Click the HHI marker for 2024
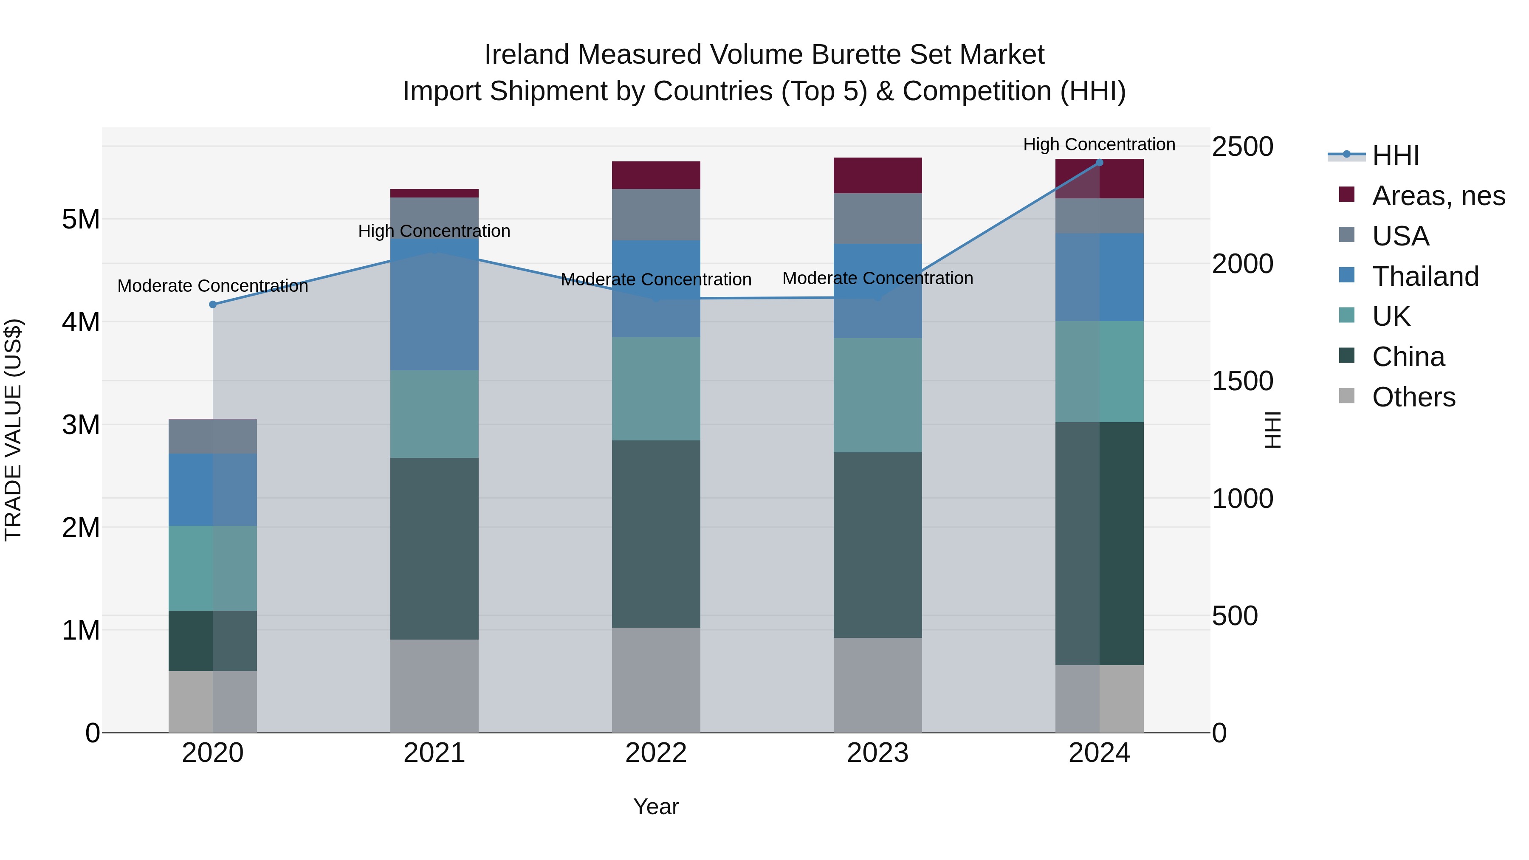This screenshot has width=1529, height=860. point(1099,163)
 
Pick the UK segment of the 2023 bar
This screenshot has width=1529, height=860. point(877,395)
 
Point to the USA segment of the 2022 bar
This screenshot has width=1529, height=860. point(656,214)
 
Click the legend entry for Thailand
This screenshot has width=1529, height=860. point(1425,276)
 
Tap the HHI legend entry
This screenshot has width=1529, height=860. point(1395,155)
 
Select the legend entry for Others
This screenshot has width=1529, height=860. point(1413,397)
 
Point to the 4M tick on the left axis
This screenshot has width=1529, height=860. point(81,322)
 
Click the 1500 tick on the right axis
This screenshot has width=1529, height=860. point(1242,381)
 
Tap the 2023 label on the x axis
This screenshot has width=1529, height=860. point(877,753)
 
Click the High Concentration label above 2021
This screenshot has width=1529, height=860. point(434,231)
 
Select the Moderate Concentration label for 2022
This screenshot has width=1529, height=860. point(656,279)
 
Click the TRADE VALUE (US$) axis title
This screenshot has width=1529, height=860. point(13,430)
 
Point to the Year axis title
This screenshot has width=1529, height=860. point(656,806)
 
